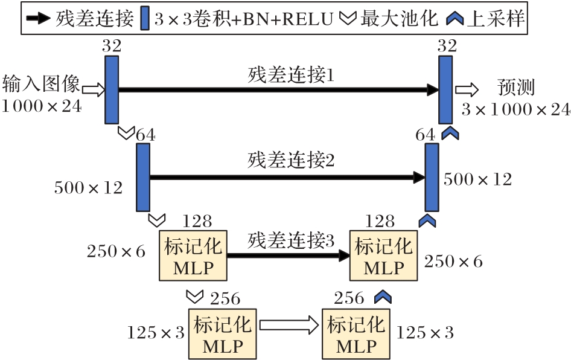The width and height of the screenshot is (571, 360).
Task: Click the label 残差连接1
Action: tap(291, 76)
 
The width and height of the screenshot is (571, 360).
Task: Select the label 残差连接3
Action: tap(290, 242)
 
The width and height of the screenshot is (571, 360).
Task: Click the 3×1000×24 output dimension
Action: tap(515, 109)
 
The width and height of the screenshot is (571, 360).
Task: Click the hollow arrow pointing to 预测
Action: tap(467, 89)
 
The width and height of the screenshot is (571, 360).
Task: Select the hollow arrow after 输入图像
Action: tap(94, 90)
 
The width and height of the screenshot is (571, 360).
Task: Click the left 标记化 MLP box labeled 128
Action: tap(193, 255)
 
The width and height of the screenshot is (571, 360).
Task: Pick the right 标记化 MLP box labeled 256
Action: tap(356, 334)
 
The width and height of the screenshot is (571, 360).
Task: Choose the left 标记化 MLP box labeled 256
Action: tap(223, 334)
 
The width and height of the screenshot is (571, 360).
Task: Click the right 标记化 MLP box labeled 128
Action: tap(384, 256)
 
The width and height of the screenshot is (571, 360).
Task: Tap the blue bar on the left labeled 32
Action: tap(112, 89)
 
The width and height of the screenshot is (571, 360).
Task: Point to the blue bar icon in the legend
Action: tap(144, 19)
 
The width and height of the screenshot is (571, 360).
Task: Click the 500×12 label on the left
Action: tap(88, 188)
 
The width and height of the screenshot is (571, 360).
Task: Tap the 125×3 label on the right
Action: tap(424, 332)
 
